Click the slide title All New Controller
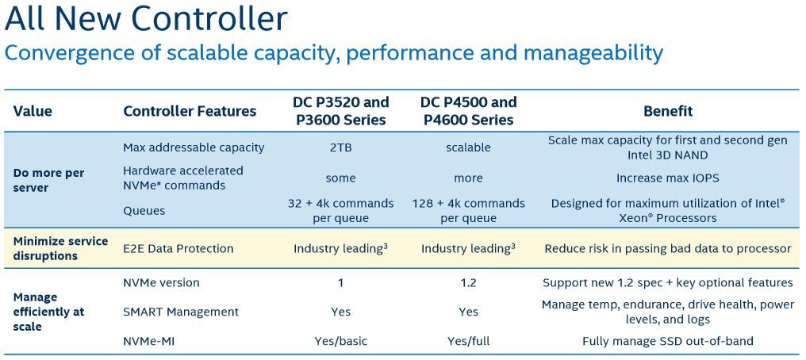[x=145, y=19]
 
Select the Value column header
[x=33, y=112]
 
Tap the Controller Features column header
[x=190, y=112]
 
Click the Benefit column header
[x=668, y=112]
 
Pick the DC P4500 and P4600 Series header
[x=468, y=111]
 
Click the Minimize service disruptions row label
[x=60, y=248]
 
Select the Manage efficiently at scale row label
[x=48, y=312]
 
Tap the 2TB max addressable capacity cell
[x=340, y=148]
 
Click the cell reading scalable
[x=468, y=148]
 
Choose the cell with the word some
[x=340, y=178]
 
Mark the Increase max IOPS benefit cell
[x=668, y=178]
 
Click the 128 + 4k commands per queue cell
[x=468, y=211]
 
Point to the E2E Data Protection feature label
[x=178, y=248]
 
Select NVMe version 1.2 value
[x=468, y=283]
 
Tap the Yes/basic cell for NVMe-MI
[x=340, y=342]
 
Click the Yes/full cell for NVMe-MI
[x=468, y=342]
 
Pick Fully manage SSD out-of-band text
[x=668, y=342]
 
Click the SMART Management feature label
[x=181, y=312]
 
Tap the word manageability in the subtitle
[x=593, y=53]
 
